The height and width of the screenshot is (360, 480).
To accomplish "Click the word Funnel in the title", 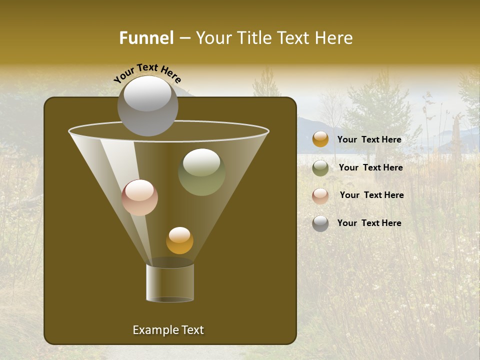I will point(146,38).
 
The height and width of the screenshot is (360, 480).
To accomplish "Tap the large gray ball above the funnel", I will point(147,105).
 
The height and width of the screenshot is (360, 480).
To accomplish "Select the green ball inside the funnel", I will point(201,172).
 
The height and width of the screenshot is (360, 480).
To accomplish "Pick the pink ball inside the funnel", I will point(139,197).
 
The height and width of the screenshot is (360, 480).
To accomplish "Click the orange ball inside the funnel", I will point(179,240).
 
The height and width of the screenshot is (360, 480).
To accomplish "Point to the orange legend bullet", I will point(320,139).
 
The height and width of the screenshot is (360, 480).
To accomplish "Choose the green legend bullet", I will point(320,168).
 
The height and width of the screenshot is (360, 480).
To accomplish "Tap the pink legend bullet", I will point(320,196).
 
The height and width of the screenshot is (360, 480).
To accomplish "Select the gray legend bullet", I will point(320,223).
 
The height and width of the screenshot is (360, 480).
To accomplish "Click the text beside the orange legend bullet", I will point(369,140).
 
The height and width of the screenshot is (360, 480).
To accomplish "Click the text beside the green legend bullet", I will point(370,168).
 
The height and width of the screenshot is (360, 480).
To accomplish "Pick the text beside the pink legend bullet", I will point(371,195).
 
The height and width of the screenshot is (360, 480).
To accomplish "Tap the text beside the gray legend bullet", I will point(369,223).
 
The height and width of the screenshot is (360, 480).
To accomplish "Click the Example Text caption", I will point(168,330).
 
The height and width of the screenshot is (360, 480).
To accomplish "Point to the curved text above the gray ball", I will point(147,72).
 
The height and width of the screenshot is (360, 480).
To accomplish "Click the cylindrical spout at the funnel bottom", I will point(170,282).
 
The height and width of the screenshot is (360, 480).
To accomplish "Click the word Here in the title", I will point(334,38).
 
